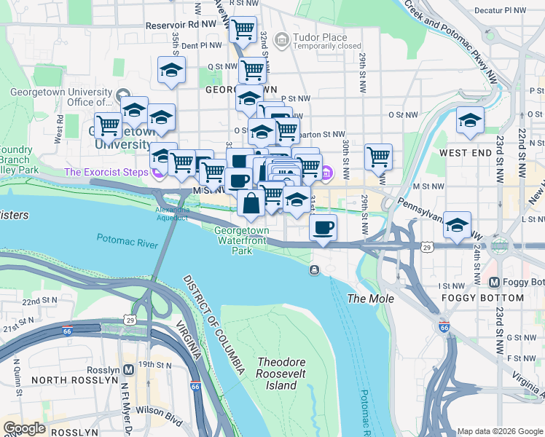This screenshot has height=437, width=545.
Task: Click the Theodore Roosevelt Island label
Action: (277, 373)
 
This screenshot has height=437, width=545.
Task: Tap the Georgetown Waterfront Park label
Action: (241, 240)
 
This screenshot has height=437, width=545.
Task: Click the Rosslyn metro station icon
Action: (129, 369)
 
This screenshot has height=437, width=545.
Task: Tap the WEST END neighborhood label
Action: (464, 154)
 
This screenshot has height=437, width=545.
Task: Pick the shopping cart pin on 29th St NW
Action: (378, 155)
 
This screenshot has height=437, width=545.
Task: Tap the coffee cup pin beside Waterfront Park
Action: (323, 227)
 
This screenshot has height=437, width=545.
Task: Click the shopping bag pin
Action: (251, 202)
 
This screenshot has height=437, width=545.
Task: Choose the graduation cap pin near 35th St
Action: (171, 70)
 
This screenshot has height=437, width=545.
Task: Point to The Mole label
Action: (370, 299)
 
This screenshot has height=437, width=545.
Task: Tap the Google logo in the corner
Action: (24, 428)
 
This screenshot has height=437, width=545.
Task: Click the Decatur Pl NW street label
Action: (500, 11)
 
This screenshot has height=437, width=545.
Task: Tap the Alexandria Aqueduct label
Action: (172, 213)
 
